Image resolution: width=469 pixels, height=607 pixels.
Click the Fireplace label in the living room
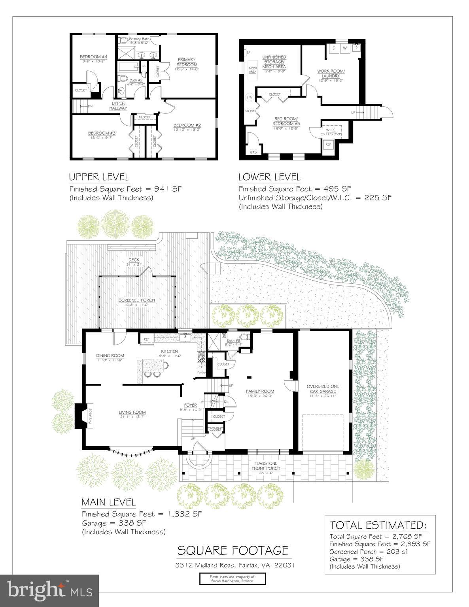[x=90, y=416]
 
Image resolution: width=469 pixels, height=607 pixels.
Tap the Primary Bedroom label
[x=186, y=62]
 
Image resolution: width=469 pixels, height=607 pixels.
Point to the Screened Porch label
[x=136, y=300]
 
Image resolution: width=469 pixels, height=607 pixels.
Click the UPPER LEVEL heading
[x=99, y=177]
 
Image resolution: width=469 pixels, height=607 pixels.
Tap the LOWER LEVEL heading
[x=269, y=177]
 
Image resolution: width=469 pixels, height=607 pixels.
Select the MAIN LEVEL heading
[x=108, y=502]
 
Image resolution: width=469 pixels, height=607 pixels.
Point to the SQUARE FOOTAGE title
[x=233, y=550]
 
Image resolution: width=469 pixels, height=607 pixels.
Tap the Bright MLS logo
[x=50, y=590]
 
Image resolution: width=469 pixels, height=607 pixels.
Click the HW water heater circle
[x=250, y=97]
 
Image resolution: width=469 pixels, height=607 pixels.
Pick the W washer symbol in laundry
[x=344, y=48]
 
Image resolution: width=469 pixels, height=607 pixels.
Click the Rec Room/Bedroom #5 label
[x=286, y=121]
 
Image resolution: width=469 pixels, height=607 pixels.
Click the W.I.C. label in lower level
[x=331, y=130]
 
